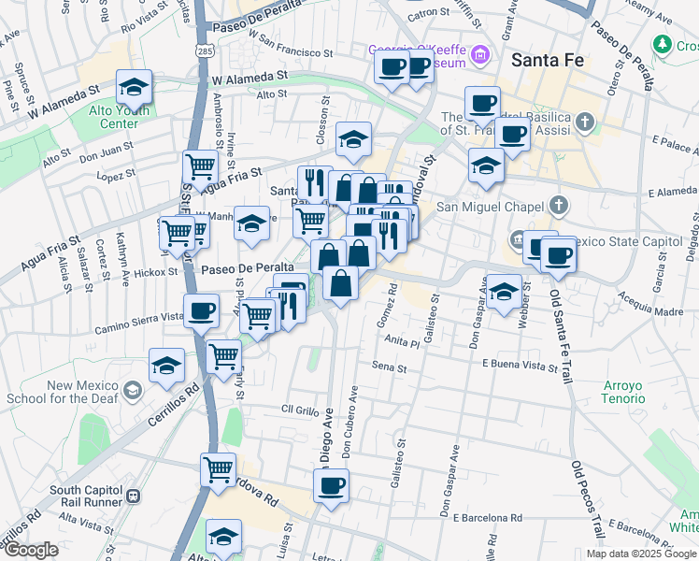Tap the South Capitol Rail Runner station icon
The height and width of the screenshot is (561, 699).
[x=134, y=496]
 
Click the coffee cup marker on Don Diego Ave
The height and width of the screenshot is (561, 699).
[x=331, y=485]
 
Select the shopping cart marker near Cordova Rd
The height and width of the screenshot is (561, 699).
[x=219, y=468]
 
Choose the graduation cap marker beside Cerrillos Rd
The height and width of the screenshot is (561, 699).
[x=167, y=365]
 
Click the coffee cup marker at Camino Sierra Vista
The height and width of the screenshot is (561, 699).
[x=201, y=310]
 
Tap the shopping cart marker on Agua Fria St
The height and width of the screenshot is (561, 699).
[x=200, y=167]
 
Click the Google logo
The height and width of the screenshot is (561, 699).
[x=30, y=550]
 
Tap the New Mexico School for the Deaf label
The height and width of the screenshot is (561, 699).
[x=86, y=392]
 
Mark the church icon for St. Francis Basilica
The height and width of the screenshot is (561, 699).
[x=585, y=121]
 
